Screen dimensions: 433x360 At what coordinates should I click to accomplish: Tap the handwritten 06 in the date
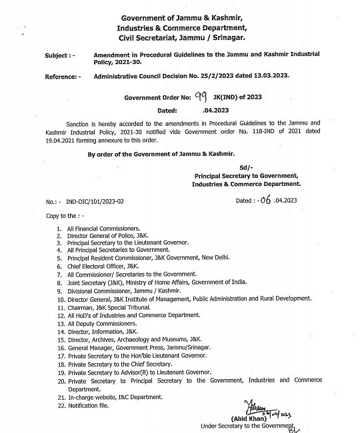(x=268, y=199)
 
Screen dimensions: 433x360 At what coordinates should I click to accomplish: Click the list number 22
(x=61, y=405)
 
